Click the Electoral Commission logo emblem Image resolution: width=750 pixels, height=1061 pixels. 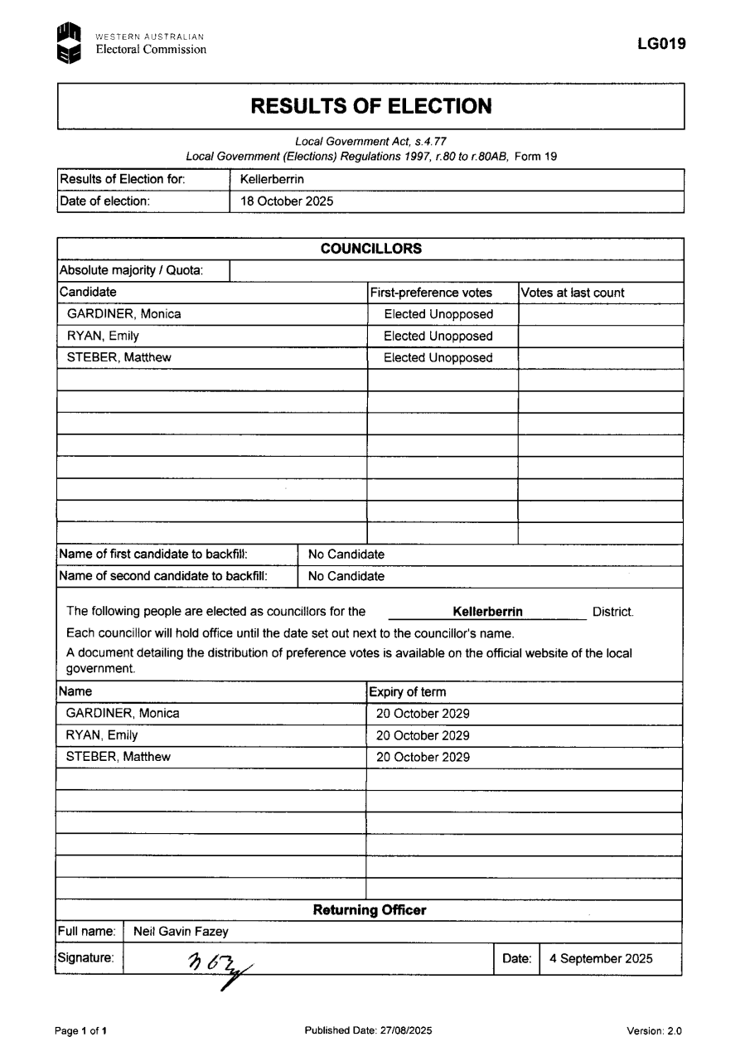click(69, 44)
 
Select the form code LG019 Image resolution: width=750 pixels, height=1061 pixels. click(661, 45)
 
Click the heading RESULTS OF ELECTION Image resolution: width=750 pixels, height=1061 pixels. click(370, 106)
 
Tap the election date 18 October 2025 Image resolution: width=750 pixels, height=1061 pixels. click(287, 201)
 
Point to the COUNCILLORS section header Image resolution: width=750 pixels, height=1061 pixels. click(370, 249)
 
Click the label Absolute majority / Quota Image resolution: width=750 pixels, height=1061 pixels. click(131, 270)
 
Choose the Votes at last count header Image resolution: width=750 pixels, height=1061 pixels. click(573, 293)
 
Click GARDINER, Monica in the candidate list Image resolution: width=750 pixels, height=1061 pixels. click(123, 314)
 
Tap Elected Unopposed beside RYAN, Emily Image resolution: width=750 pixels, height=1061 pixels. click(438, 336)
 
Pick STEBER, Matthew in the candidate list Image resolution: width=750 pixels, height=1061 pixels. click(119, 358)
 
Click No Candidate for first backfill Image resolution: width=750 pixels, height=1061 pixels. click(346, 555)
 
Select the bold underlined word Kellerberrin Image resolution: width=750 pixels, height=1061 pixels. click(487, 613)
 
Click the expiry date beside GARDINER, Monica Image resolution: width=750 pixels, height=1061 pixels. click(423, 714)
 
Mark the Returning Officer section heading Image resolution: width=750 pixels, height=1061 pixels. click(370, 910)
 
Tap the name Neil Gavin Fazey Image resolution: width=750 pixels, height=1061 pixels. click(181, 932)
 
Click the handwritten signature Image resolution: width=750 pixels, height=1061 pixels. click(219, 965)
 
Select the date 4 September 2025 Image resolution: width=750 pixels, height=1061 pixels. click(601, 959)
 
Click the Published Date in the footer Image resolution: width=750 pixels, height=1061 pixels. click(368, 1031)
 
